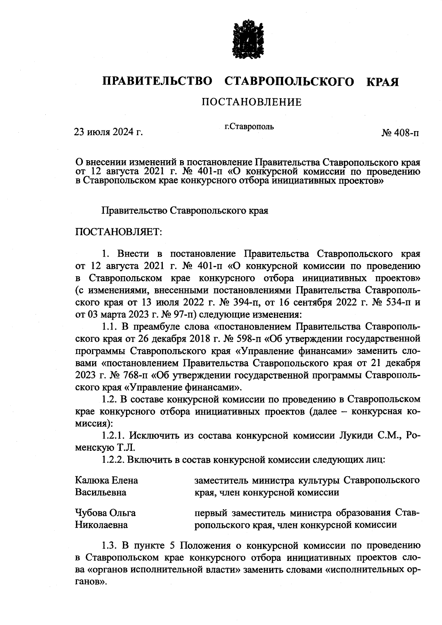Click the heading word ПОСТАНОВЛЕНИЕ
251,102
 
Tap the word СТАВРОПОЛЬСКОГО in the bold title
289,82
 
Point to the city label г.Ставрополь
249,127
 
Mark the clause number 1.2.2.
113,460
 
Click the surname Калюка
90,480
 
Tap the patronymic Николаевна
101,525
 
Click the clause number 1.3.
109,545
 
